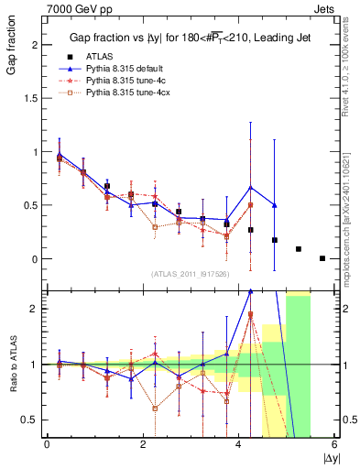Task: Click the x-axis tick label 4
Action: click(238, 444)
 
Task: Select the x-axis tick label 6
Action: click(334, 444)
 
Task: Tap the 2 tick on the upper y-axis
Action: click(35, 45)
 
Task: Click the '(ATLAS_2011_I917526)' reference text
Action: click(189, 273)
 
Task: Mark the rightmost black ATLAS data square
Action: click(322, 258)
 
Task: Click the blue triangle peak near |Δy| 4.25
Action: click(250, 187)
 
